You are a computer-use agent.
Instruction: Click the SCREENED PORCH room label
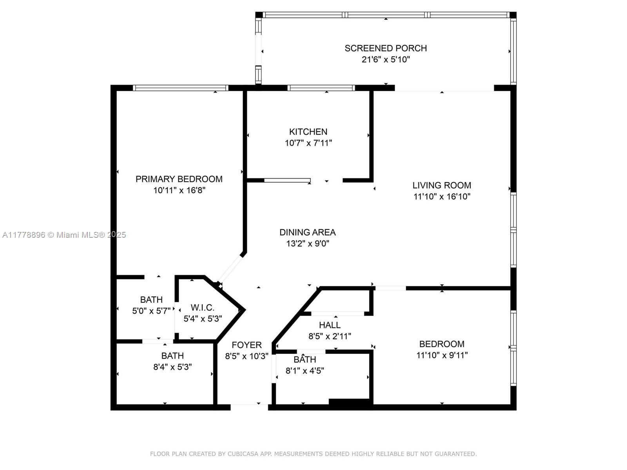point(385,48)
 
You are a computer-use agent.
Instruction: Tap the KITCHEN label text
point(308,132)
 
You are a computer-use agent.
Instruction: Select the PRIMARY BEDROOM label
point(179,179)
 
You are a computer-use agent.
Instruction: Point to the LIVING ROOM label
point(442,185)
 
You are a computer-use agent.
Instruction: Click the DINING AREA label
point(308,232)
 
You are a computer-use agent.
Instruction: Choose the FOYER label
point(246,345)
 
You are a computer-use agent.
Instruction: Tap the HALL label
point(330,325)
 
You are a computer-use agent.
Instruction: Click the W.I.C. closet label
point(203,307)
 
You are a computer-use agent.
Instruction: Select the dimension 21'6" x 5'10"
point(386,60)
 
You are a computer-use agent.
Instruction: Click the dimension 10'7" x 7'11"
point(308,143)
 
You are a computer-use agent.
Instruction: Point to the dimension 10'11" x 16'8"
point(179,190)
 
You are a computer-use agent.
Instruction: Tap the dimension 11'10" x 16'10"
point(442,196)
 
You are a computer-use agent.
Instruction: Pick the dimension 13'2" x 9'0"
point(308,243)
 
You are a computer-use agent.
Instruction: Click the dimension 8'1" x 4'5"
point(305,371)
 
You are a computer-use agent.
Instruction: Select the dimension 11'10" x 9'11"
point(442,355)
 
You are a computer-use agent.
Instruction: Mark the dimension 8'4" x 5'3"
point(172,367)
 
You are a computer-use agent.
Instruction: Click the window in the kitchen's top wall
point(321,88)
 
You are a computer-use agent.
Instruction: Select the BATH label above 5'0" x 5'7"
point(151,300)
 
